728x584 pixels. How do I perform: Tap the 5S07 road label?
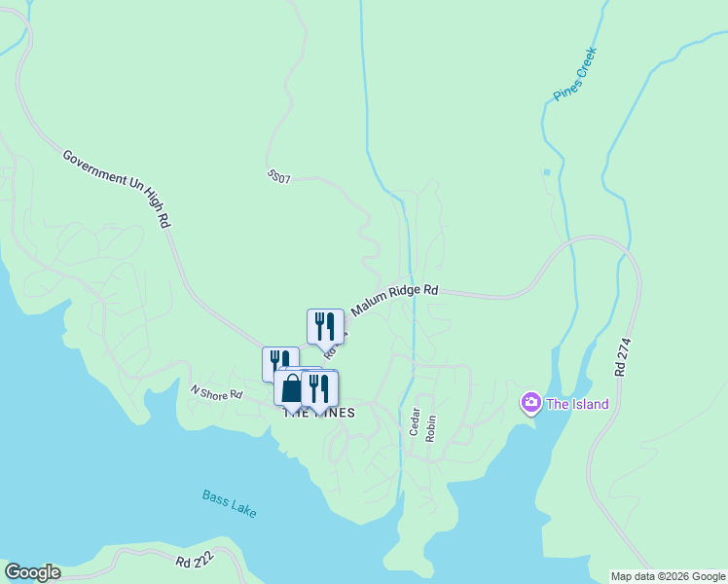point(278,177)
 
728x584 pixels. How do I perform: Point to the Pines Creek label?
point(574,75)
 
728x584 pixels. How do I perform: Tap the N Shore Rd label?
point(215,392)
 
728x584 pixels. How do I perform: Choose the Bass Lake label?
point(230,502)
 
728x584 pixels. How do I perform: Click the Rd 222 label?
point(196,563)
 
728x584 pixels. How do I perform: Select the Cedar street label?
point(414,424)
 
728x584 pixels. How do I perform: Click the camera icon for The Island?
point(530,402)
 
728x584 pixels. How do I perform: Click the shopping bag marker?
point(291,388)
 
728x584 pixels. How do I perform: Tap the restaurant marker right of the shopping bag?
point(319,388)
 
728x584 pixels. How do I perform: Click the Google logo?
point(32,572)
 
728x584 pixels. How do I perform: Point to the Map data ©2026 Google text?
point(668,576)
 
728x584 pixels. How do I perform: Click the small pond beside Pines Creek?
point(546,172)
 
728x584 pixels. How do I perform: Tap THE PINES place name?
point(319,413)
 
